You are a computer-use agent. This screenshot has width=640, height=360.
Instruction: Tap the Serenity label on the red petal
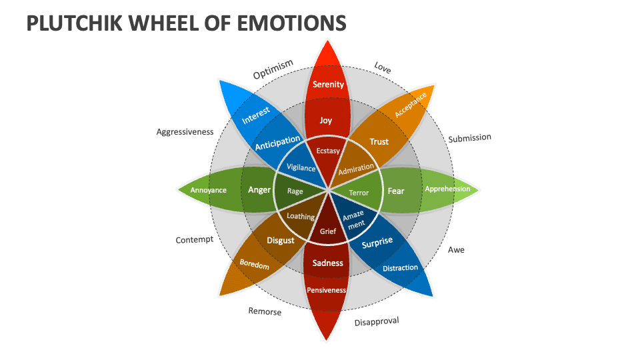tap(328, 84)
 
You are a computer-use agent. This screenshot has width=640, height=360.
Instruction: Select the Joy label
tap(326, 121)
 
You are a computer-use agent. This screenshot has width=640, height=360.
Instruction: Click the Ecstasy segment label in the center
tap(328, 151)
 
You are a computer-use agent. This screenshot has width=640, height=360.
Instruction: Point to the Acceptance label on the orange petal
tap(411, 105)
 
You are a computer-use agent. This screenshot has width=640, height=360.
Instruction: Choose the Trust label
tap(379, 141)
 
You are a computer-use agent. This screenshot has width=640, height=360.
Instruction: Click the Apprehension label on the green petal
tap(447, 189)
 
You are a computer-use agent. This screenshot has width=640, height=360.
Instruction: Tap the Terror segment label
tap(359, 193)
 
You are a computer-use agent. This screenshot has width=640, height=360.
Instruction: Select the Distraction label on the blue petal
tap(401, 268)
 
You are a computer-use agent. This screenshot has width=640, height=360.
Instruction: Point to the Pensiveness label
tap(327, 290)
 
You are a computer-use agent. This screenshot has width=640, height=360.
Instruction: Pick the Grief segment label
tap(328, 232)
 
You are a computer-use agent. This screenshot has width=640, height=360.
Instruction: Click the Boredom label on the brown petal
tap(255, 265)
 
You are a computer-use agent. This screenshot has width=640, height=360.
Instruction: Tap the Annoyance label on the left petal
tap(209, 190)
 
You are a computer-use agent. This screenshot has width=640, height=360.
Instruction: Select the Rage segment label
tap(295, 191)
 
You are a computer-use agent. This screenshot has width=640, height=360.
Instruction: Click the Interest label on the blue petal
tap(255, 115)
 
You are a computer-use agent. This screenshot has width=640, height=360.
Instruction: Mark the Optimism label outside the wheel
tap(273, 69)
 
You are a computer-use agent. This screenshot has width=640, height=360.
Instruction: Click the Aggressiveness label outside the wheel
tap(185, 132)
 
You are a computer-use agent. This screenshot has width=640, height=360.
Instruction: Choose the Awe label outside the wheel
tap(456, 250)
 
